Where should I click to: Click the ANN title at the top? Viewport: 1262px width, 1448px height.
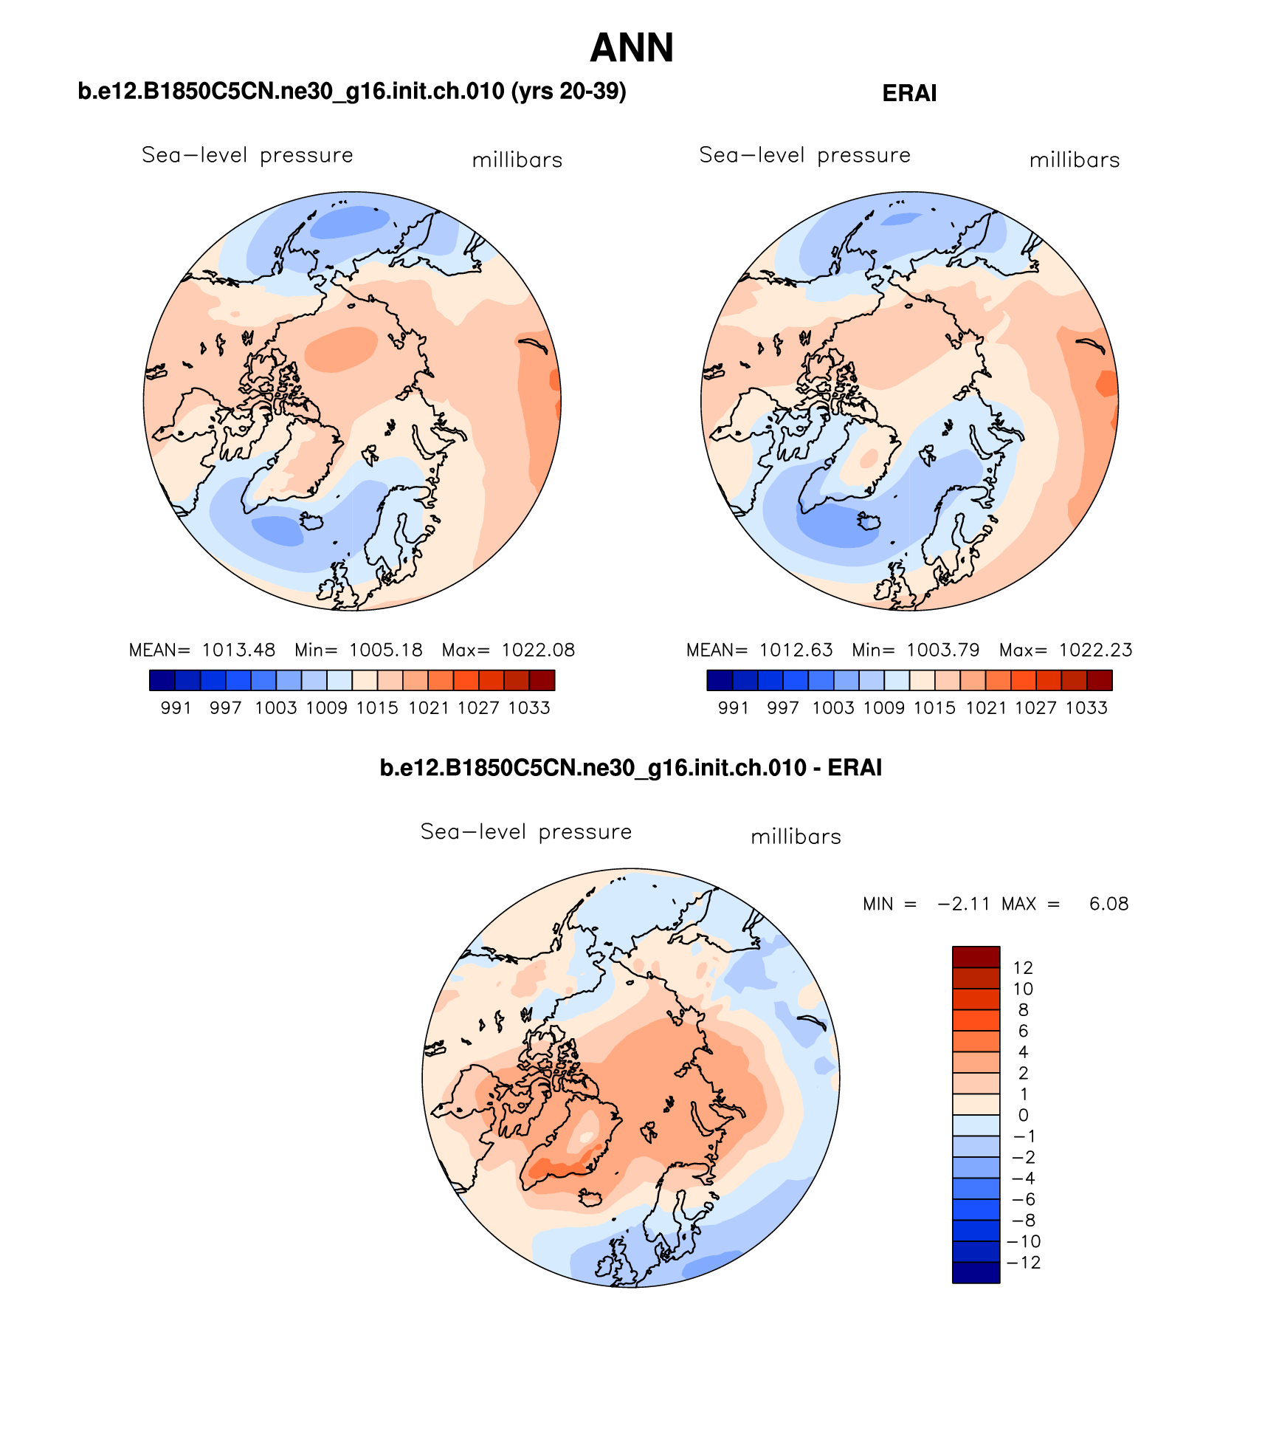tap(632, 49)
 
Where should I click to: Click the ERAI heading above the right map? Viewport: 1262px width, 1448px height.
tap(909, 94)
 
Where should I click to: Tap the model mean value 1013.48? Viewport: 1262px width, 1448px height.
tap(238, 650)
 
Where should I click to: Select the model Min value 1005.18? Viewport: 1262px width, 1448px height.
tap(386, 650)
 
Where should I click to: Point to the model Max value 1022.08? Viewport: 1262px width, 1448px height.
tap(538, 650)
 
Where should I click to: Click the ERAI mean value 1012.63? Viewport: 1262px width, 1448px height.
tap(796, 650)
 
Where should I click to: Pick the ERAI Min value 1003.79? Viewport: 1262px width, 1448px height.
tap(943, 650)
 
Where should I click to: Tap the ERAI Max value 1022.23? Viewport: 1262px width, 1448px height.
tap(1095, 650)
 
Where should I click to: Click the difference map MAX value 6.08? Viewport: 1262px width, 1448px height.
tap(1108, 904)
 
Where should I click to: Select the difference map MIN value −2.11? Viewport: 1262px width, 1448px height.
tap(964, 904)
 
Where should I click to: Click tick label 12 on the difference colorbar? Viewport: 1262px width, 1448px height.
tap(1023, 968)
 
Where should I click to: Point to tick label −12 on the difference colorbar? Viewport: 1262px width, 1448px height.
tap(1024, 1263)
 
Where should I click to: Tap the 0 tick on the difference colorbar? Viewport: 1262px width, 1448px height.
tap(1023, 1115)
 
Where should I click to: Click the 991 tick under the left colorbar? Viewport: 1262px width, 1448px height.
tap(176, 708)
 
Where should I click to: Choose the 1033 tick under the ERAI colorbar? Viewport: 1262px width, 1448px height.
tap(1086, 708)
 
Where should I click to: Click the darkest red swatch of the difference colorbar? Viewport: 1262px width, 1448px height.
tap(976, 957)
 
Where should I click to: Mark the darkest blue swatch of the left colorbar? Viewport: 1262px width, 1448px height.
tap(162, 680)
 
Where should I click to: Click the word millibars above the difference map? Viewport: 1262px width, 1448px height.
tap(796, 837)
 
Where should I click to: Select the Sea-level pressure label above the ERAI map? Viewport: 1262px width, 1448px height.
tap(804, 155)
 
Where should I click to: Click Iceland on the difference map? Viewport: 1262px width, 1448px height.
tap(591, 1197)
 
